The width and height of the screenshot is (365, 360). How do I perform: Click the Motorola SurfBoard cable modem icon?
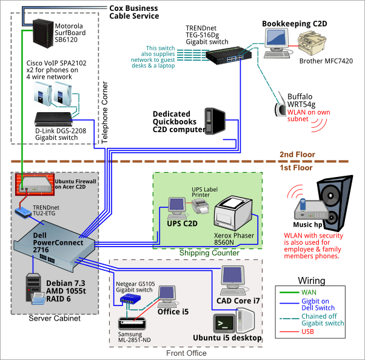41,36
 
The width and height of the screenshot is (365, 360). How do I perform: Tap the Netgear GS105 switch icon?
129,299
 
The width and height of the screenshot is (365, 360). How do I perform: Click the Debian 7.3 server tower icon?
34,289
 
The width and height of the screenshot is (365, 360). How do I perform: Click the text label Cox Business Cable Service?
133,12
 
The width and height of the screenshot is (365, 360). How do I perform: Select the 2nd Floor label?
296,155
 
